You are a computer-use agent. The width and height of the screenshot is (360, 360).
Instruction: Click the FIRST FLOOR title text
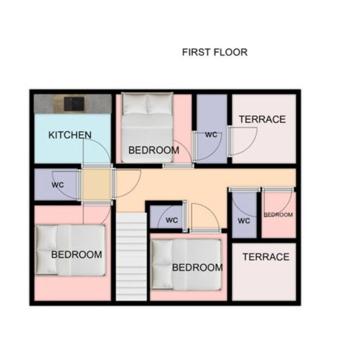tap(215, 52)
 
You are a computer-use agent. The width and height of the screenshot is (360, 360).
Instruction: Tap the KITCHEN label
tap(70, 135)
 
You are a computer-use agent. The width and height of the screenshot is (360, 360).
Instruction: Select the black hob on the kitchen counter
tap(74, 104)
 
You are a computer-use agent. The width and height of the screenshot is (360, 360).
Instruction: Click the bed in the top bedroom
tap(147, 127)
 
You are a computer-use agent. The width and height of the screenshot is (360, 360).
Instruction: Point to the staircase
tap(131, 256)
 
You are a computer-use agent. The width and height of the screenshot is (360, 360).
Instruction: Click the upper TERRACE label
tap(262, 119)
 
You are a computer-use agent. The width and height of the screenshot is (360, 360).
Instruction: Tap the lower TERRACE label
tap(266, 257)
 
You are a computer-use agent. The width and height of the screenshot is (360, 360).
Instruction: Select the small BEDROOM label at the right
tap(278, 215)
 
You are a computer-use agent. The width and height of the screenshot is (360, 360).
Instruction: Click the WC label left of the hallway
tap(58, 185)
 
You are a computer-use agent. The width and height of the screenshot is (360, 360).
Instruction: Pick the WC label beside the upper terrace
tap(211, 135)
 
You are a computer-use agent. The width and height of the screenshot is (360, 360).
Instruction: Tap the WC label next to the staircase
tap(172, 220)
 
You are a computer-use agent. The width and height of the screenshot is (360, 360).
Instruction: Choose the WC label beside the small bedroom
tap(244, 221)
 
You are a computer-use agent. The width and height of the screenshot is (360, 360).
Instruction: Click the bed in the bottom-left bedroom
tap(71, 250)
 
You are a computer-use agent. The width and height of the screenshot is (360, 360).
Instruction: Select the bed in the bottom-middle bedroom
tap(186, 265)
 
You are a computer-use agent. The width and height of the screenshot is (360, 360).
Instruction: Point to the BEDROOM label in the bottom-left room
tap(76, 255)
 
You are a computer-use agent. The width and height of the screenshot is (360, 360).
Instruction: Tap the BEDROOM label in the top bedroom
tap(154, 150)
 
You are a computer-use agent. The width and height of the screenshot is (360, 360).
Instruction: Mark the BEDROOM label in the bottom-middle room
tap(198, 267)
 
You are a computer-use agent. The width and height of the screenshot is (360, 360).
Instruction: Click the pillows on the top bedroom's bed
tap(147, 103)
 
